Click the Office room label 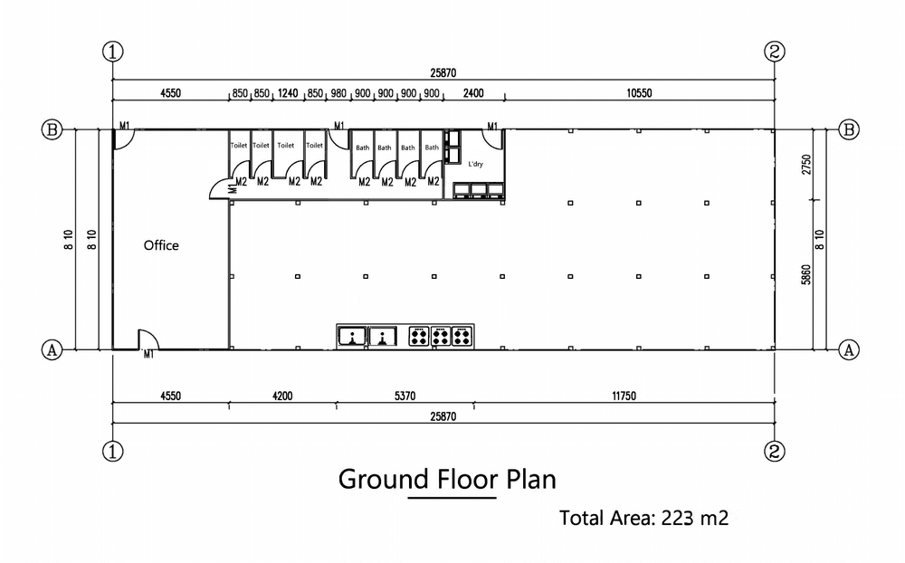coord(161,245)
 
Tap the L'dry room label coord(476,164)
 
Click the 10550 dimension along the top coord(639,93)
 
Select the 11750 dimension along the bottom coord(624,396)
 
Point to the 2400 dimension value coord(473,93)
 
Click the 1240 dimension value coord(288,93)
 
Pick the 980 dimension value coord(338,93)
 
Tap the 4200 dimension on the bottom coord(282,396)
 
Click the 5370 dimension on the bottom coord(405,396)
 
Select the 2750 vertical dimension coord(806,165)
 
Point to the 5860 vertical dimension coord(806,275)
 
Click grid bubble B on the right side coord(849,129)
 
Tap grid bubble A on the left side coord(52,350)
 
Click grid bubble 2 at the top coord(775,52)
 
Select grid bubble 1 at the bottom coord(113,451)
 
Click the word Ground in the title coord(383,479)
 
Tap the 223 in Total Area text coord(678,518)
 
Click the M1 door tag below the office coord(149,355)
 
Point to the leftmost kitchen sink coord(351,336)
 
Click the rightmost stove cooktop coord(462,336)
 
